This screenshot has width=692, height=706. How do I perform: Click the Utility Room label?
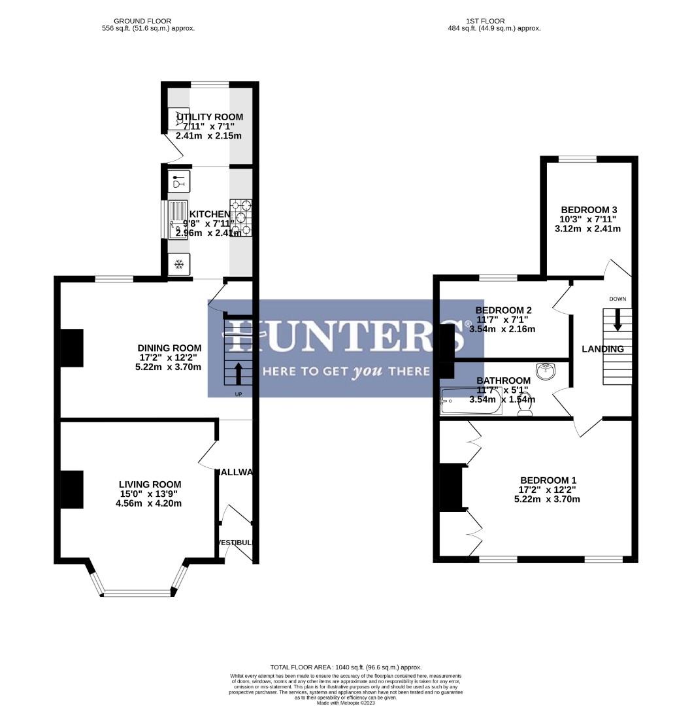209,117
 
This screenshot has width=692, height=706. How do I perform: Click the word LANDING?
602,349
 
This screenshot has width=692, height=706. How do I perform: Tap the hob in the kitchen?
240,217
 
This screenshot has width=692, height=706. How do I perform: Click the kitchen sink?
177,220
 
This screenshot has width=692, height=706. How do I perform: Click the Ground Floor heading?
148,24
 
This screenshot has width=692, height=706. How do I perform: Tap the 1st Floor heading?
494,24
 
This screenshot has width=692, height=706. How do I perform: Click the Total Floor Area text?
346,667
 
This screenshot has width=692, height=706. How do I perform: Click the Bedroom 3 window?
577,159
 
